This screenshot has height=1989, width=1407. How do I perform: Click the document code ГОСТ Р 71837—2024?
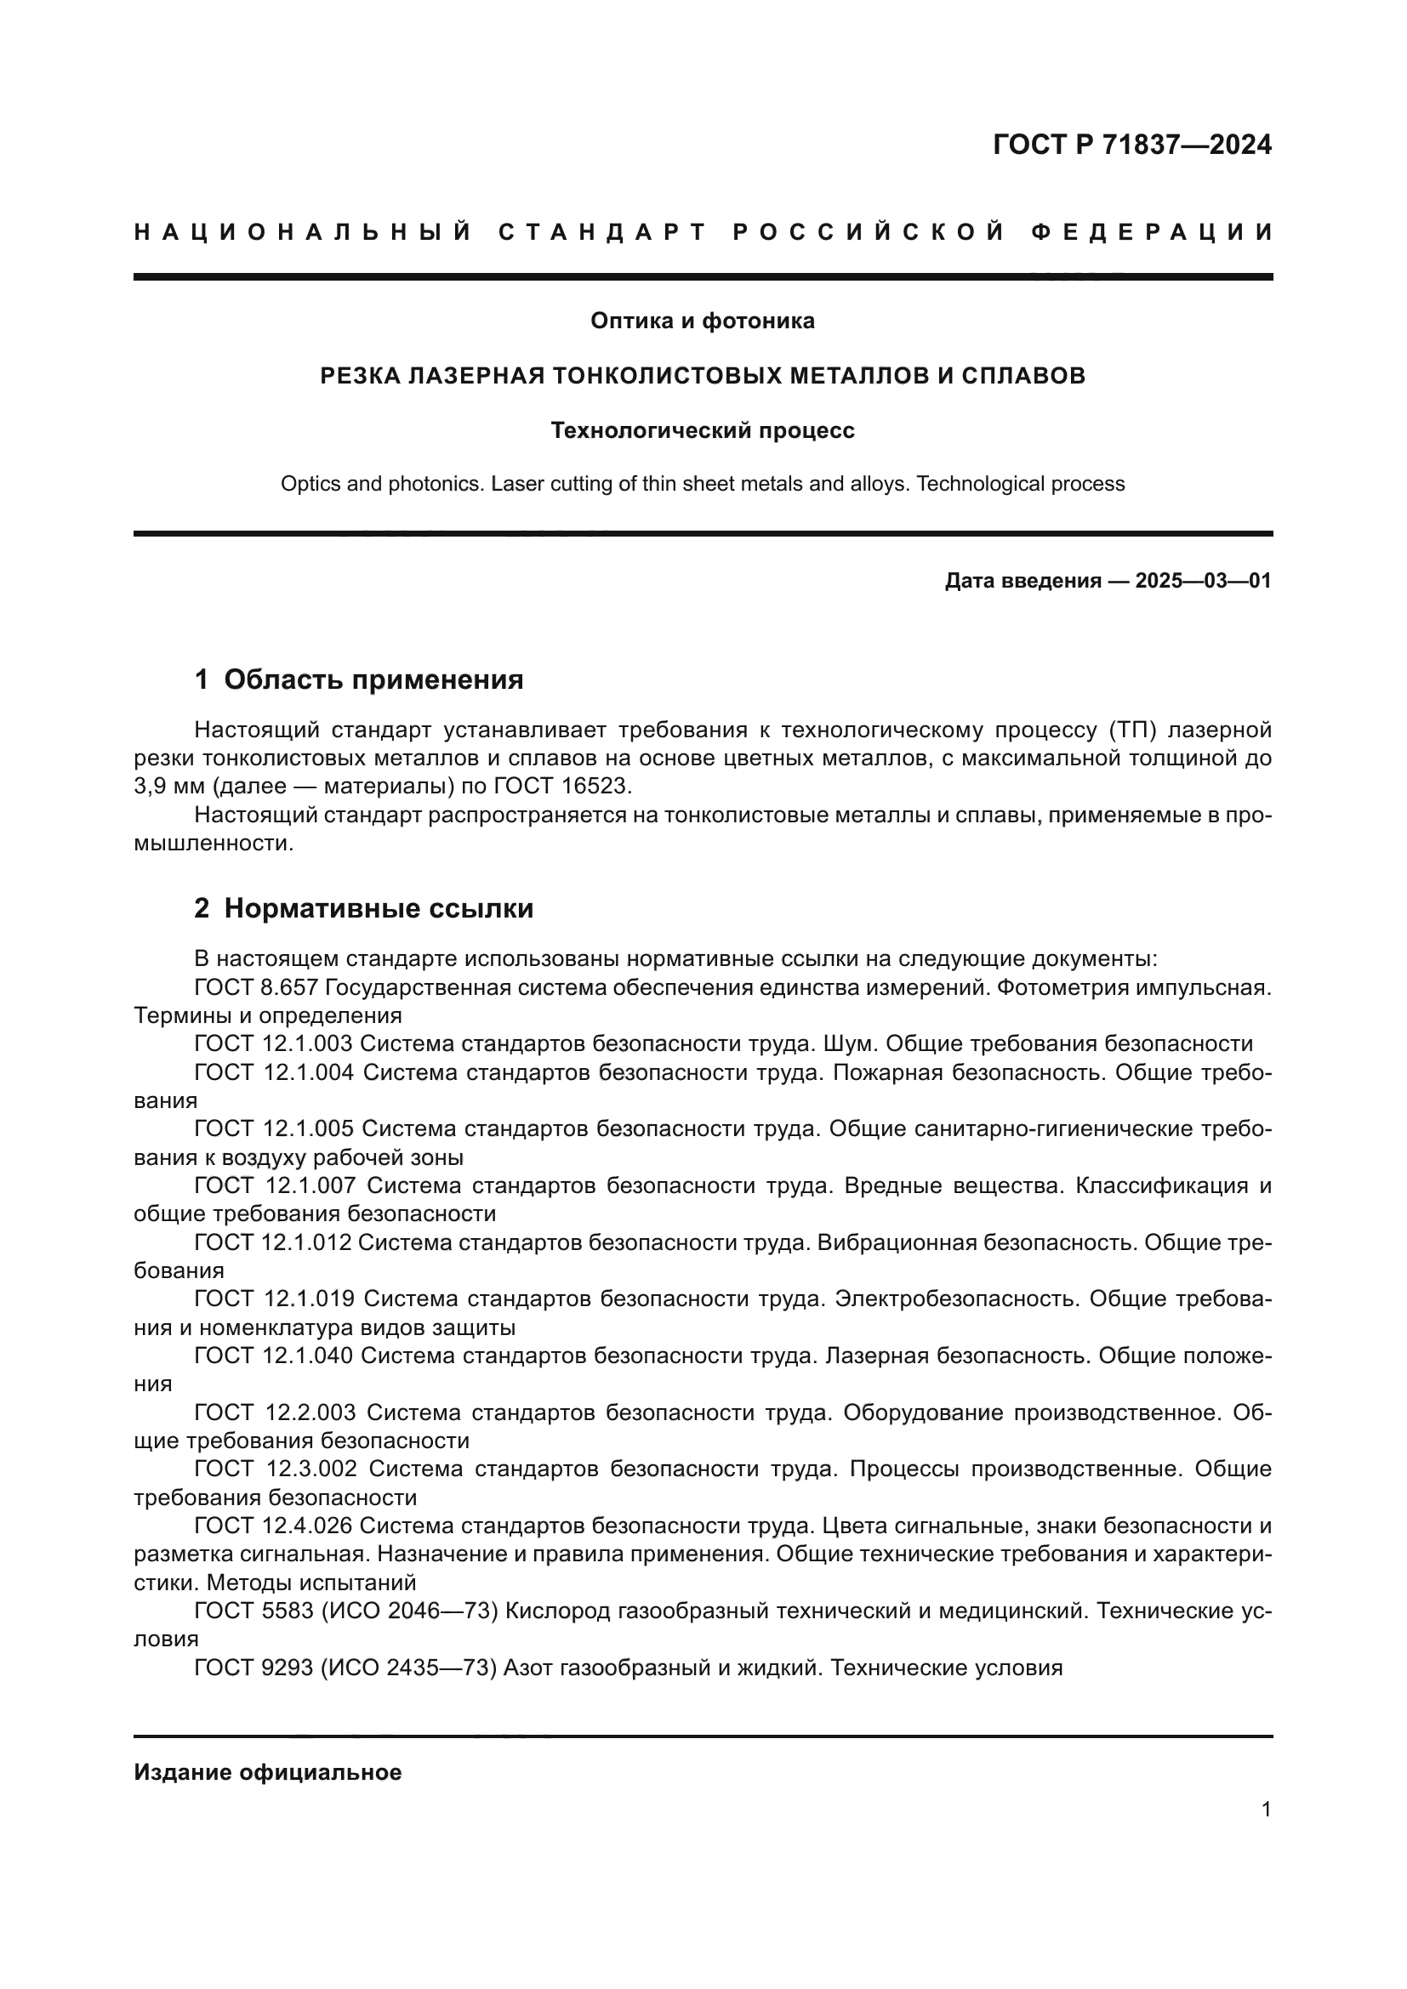pyautogui.click(x=1131, y=145)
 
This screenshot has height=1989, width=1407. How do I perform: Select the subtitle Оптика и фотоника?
pyautogui.click(x=702, y=321)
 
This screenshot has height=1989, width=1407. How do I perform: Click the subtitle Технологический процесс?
pyautogui.click(x=702, y=430)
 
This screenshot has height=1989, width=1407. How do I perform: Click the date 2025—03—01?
pyautogui.click(x=1203, y=582)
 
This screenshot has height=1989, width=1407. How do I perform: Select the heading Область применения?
pyautogui.click(x=373, y=680)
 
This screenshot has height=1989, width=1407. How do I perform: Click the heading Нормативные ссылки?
pyautogui.click(x=378, y=909)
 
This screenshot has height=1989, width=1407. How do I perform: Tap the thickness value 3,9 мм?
pyautogui.click(x=169, y=787)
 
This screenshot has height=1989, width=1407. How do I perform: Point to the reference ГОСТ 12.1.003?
pyautogui.click(x=273, y=1044)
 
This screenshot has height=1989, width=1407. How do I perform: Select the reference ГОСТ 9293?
pyautogui.click(x=253, y=1668)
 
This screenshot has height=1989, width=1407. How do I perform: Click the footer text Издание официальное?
pyautogui.click(x=268, y=1772)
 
